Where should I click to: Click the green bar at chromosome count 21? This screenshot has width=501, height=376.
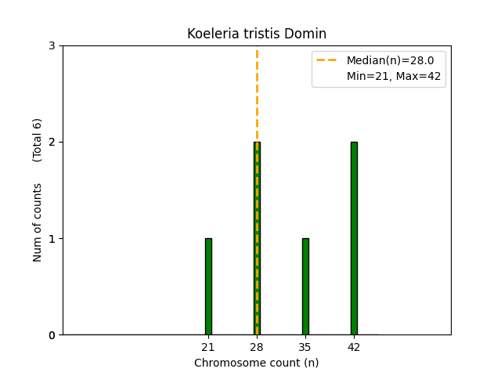click(x=208, y=287)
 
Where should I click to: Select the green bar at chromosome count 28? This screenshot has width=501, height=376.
click(x=257, y=238)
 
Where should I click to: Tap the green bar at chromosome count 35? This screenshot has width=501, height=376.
click(x=305, y=287)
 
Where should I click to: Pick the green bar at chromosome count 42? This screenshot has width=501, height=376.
click(x=354, y=238)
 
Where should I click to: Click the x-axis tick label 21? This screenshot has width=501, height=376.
click(x=208, y=347)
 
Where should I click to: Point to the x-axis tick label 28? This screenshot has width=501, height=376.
click(x=257, y=347)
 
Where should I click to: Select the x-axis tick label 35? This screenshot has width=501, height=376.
click(x=305, y=347)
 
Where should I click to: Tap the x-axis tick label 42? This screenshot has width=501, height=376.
click(x=354, y=347)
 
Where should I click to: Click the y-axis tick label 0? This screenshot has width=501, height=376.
click(x=52, y=335)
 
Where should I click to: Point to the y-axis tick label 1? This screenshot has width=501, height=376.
click(x=52, y=239)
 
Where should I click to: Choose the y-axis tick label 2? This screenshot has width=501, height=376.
click(x=52, y=143)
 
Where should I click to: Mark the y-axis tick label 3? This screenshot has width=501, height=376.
click(x=52, y=46)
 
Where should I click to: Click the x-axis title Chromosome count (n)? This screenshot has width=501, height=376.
click(x=257, y=363)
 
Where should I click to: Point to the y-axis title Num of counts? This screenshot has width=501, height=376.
click(x=38, y=222)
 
